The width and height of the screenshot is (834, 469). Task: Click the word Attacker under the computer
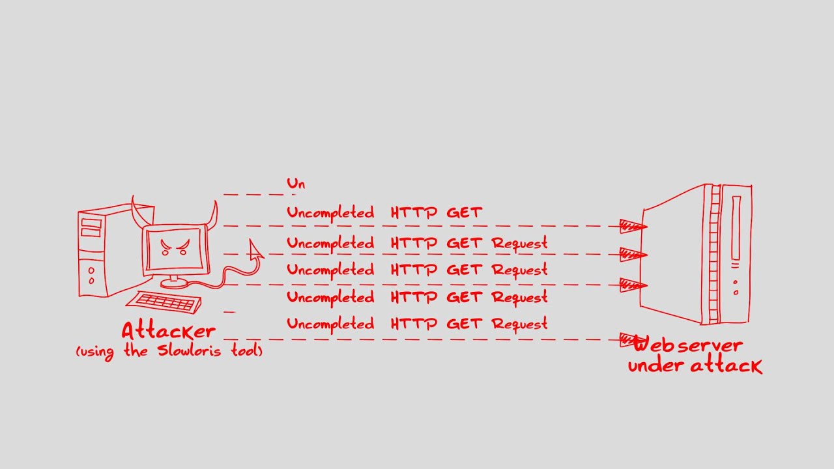[168, 330]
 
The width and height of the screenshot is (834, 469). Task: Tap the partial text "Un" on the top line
[296, 184]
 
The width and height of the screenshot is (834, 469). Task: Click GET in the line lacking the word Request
[464, 212]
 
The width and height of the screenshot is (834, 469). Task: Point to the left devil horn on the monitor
[137, 211]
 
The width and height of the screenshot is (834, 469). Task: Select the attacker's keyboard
[164, 302]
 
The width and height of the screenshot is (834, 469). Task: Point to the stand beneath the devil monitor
[173, 282]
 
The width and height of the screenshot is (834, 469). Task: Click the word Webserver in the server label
[687, 345]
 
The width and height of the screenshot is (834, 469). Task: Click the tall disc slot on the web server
[736, 231]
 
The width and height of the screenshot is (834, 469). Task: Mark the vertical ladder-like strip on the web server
[713, 254]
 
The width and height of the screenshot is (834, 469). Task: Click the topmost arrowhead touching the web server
[632, 227]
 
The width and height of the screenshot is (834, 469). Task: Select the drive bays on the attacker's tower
[91, 228]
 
